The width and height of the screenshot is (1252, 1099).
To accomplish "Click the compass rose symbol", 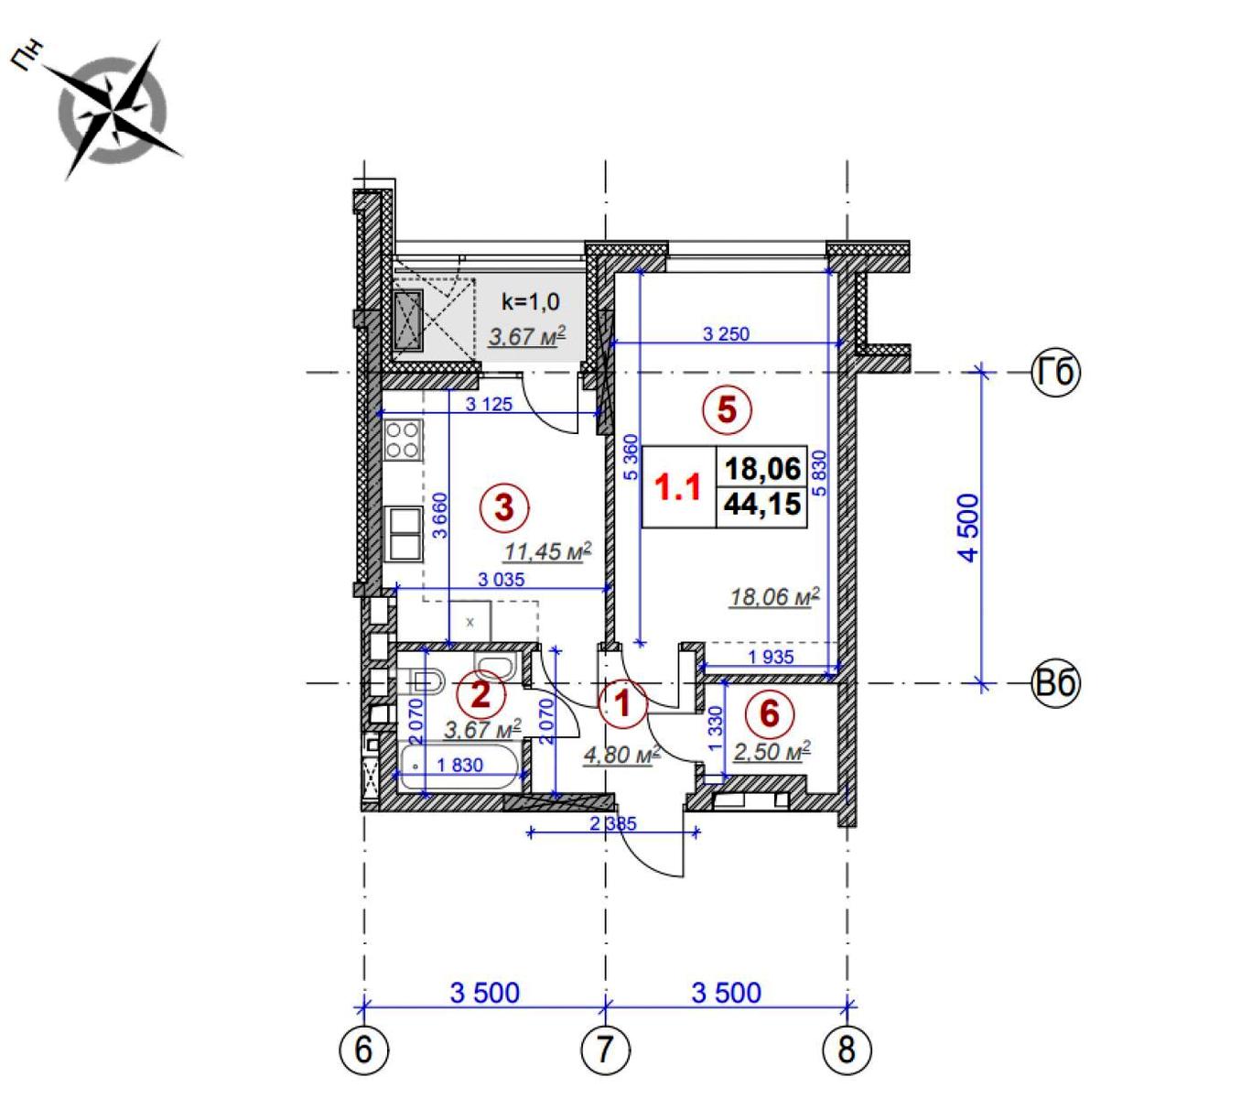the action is (x=113, y=112).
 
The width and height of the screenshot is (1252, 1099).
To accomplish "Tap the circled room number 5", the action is (x=727, y=409).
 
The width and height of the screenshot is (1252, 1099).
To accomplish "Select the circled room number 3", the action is (x=505, y=507).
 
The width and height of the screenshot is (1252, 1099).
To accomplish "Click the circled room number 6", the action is (x=770, y=713).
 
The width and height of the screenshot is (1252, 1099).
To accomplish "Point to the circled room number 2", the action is (x=480, y=693).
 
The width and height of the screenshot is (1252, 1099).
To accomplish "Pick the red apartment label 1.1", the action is (x=678, y=486).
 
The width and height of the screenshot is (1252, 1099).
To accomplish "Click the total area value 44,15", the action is (x=762, y=504).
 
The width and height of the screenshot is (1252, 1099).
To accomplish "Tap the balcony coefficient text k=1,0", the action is (x=530, y=302).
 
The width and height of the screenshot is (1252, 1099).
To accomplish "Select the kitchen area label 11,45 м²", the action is (x=548, y=551).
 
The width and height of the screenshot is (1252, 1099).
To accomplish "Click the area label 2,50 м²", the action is (x=772, y=752).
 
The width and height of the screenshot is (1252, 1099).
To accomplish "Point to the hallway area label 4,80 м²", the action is (x=621, y=755).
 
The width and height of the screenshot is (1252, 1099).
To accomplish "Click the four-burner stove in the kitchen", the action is (x=403, y=441).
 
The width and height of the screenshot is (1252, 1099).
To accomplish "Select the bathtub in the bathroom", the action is (x=459, y=767).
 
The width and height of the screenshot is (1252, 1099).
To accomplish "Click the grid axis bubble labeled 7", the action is (x=606, y=1050).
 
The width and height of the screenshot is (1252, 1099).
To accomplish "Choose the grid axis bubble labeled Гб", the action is (x=1056, y=373).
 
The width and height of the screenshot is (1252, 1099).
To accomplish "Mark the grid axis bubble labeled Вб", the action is (x=1056, y=683).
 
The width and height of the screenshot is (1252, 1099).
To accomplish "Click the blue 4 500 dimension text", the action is (x=969, y=528).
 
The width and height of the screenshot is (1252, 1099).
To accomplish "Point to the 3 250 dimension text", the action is (x=726, y=334).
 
